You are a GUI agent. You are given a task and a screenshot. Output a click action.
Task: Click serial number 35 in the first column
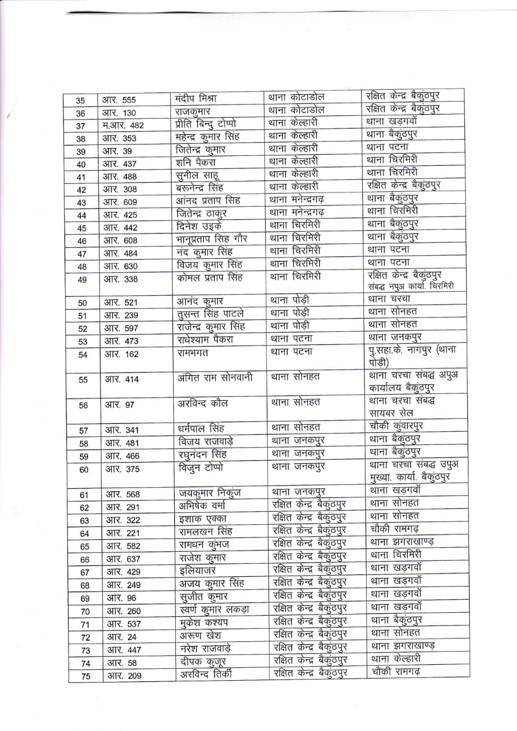coord(81,100)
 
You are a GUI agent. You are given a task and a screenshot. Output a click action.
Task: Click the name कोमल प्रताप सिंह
coord(210,278)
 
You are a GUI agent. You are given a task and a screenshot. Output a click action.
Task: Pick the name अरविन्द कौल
coord(203,403)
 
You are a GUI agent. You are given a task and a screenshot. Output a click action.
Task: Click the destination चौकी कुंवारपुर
coord(396,426)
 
